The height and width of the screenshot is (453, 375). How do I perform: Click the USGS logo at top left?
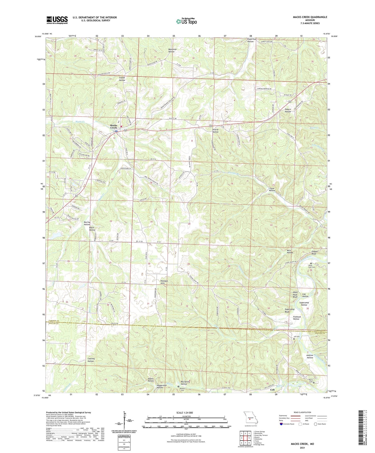[57, 20]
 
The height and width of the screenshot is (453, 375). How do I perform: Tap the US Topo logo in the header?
[186, 21]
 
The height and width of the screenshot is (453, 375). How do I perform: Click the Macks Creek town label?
[114, 127]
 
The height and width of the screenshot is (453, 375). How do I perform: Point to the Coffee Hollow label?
[122, 79]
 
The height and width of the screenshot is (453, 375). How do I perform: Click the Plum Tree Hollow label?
[250, 40]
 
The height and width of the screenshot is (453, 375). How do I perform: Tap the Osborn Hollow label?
[288, 110]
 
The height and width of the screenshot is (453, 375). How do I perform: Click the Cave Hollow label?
[272, 189]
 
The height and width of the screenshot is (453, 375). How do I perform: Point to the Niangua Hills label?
[166, 282]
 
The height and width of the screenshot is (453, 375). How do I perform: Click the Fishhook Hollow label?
[296, 318]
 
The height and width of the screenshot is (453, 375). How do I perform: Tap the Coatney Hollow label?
[91, 360]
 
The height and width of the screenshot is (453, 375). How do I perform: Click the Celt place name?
[272, 390]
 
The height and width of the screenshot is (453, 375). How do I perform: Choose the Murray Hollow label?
[87, 223]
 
